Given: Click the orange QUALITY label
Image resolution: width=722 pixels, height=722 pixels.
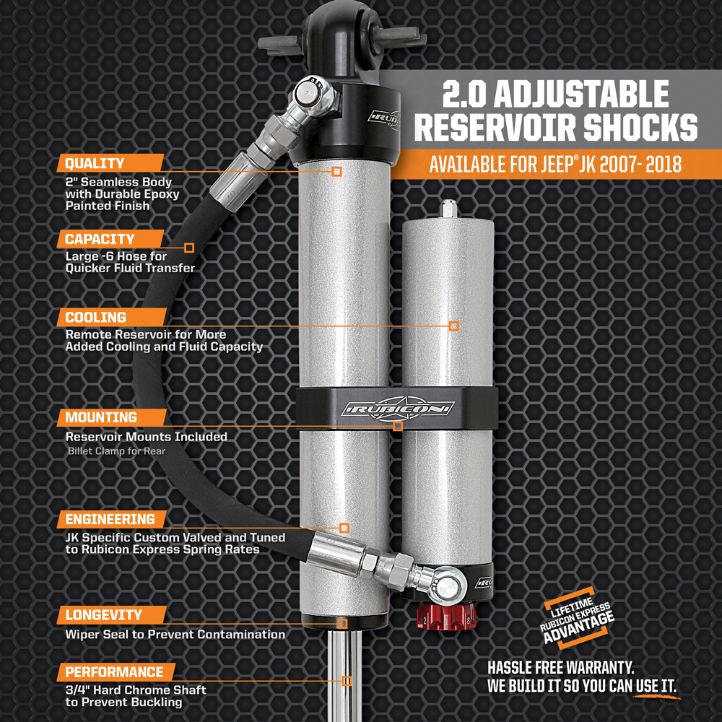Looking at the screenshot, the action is [110, 163].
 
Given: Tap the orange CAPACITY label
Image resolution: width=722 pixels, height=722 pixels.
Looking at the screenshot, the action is [110, 239].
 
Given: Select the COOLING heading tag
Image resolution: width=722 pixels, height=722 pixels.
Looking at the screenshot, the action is [112, 317].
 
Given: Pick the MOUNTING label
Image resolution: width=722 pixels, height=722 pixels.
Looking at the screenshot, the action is [112, 417].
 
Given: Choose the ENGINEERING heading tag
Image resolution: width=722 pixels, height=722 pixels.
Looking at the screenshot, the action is [112, 519].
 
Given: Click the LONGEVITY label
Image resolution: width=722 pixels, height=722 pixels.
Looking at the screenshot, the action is [112, 614].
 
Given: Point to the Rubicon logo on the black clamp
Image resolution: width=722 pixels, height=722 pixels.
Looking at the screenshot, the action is [398, 408].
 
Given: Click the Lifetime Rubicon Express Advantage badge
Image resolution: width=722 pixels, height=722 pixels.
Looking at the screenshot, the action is [578, 618].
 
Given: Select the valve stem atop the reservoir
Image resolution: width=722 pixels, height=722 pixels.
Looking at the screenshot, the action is [448, 209].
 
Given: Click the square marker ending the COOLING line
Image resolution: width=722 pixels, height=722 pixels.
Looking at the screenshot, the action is [453, 326].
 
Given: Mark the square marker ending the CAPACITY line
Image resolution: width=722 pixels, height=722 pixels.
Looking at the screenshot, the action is [188, 248].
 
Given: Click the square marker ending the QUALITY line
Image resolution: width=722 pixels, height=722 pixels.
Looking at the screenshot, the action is [336, 172].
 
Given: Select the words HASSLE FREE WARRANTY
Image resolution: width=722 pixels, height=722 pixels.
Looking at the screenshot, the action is [561, 667].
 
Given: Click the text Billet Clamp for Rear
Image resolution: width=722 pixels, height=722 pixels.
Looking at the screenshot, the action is [116, 451].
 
